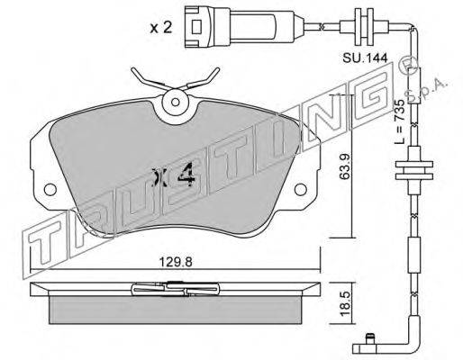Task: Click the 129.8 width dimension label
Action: coord(176,263)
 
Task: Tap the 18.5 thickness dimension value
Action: coord(345,302)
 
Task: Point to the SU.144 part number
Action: coord(365,58)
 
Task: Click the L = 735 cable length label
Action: coord(399,121)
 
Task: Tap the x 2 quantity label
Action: coord(161,28)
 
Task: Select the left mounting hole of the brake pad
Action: coord(50,189)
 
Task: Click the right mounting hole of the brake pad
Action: coord(301,189)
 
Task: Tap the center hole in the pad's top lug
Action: coord(176,102)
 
